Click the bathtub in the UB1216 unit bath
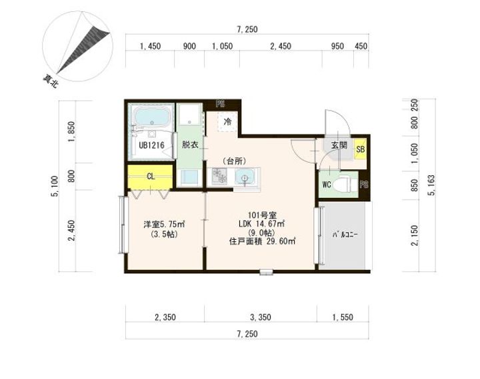tap(151, 117)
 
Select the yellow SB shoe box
tap(360, 149)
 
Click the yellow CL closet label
tap(151, 177)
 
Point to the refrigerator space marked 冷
tap(227, 122)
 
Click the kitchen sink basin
tap(244, 177)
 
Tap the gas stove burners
tap(219, 177)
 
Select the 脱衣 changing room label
tap(190, 145)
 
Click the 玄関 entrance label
tap(339, 145)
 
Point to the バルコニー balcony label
tap(345, 235)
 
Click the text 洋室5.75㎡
tap(164, 224)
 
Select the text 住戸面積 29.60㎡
tap(262, 241)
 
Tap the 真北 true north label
tap(50, 81)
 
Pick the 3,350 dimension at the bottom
tap(261, 317)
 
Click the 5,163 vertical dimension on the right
tap(432, 185)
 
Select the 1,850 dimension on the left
tap(71, 132)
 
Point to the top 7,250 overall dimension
tap(247, 29)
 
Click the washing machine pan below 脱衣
tap(189, 178)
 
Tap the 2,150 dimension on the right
tap(415, 235)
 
